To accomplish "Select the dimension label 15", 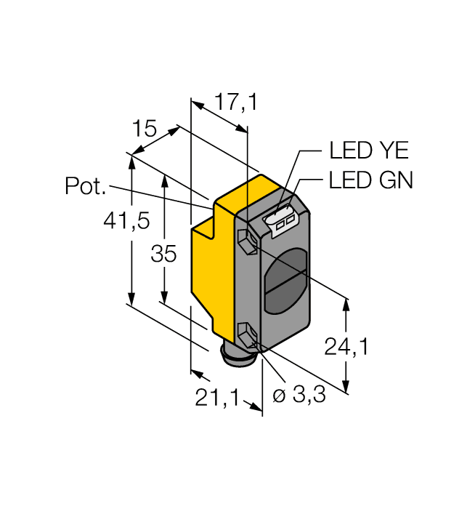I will [145, 129].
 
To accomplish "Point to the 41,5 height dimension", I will [129, 220].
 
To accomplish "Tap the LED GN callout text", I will [370, 180].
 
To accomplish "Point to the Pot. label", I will [86, 187].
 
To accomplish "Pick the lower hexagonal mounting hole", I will [247, 336].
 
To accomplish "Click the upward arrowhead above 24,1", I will [347, 304].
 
